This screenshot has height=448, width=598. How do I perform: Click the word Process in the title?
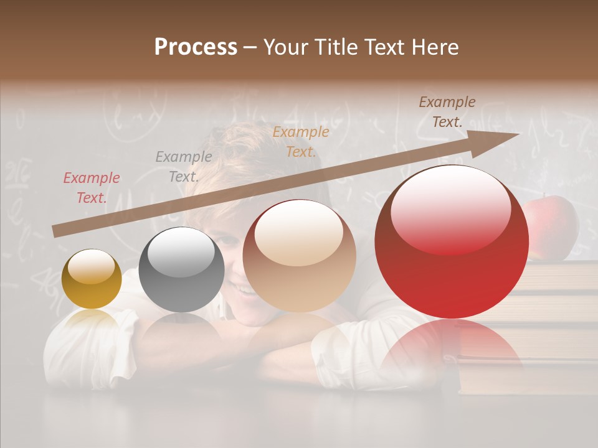point(196,47)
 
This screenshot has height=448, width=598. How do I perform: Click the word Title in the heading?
point(336,47)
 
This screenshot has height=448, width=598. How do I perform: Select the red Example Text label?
point(92,188)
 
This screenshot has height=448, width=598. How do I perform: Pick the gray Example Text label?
point(184,167)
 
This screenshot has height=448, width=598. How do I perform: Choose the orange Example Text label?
point(301,142)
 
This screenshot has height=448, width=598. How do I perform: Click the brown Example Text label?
point(447,112)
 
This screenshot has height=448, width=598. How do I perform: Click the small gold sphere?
point(92,279)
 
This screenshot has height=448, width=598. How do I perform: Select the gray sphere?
point(181,269)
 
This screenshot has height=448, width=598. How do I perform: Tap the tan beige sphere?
point(300,256)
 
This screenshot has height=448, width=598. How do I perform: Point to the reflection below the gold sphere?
point(92,320)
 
